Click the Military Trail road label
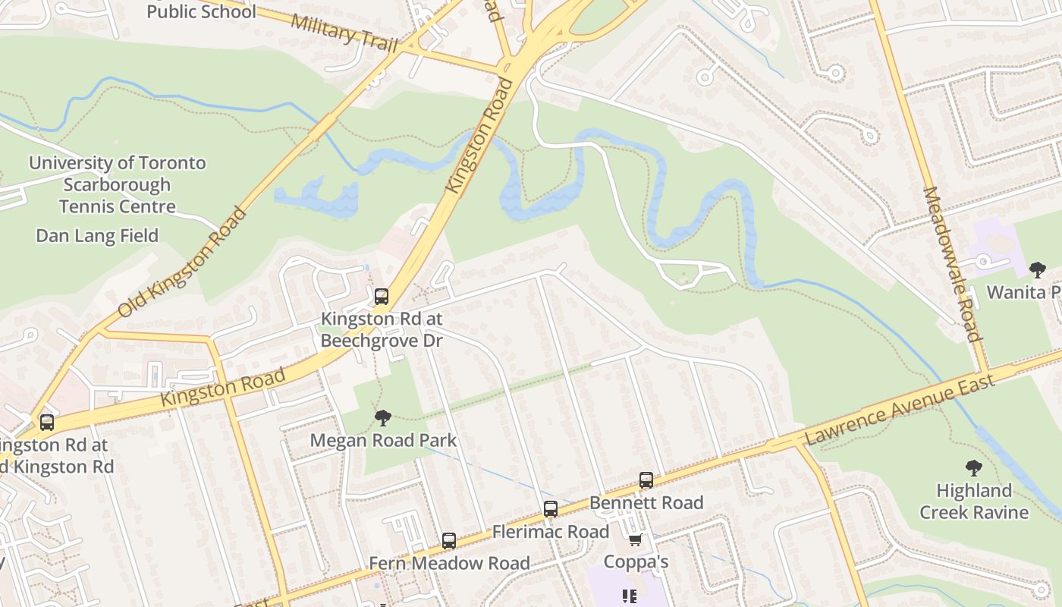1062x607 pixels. point(344,31)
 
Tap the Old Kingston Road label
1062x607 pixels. point(182,261)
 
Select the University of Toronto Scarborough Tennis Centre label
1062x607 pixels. point(117,184)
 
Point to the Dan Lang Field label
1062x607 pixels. point(97,236)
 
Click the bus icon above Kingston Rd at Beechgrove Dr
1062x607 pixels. point(382,297)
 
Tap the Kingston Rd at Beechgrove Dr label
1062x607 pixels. point(382,330)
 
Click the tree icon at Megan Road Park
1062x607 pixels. point(383,417)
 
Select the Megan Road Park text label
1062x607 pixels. point(383,440)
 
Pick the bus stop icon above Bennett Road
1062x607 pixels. point(646,480)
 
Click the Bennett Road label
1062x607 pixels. point(646,502)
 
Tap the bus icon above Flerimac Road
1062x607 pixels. point(551,509)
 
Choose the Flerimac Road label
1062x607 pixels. point(551,532)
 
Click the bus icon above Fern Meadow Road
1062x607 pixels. point(449,541)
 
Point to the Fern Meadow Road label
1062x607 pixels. point(449,563)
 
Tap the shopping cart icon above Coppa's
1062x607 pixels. point(636,539)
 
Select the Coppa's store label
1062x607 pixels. point(636,561)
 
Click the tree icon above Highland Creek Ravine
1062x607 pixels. point(974,468)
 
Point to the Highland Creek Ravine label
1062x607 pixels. point(974,502)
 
